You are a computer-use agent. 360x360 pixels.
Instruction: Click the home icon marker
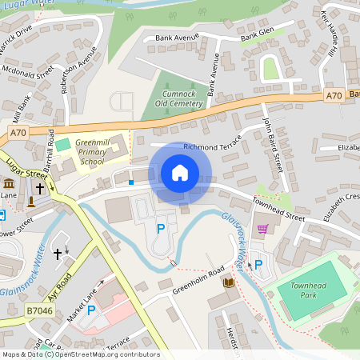tap(180, 173)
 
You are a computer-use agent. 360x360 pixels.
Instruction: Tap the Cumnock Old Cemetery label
tap(167, 98)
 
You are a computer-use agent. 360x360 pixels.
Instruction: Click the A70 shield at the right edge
tap(334, 96)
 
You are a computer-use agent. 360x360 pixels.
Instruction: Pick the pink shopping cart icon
tap(262, 229)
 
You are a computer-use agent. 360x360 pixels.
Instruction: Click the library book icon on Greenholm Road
tap(228, 282)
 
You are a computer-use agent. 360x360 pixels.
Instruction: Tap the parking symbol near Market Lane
tap(90, 310)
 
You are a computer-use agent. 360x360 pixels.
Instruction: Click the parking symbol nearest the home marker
tap(161, 229)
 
